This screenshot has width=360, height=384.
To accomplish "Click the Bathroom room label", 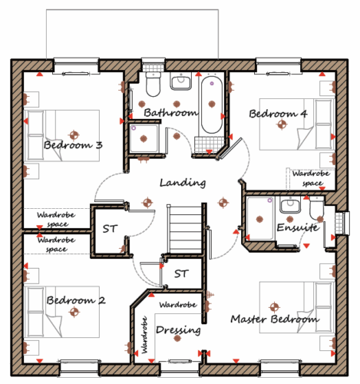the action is pyautogui.click(x=171, y=112).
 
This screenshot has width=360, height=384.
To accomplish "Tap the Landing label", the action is pyautogui.click(x=183, y=183).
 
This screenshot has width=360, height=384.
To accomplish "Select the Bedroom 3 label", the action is pyautogui.click(x=73, y=145).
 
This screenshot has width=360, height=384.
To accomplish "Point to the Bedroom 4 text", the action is pyautogui.click(x=278, y=114).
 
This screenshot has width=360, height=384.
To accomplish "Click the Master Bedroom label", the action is pyautogui.click(x=275, y=319).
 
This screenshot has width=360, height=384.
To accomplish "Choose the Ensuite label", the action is pyautogui.click(x=298, y=227).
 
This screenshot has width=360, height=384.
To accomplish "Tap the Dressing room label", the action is pyautogui.click(x=178, y=330).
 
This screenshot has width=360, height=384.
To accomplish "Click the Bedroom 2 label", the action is pyautogui.click(x=76, y=300).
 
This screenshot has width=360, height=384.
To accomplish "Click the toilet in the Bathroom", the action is pyautogui.click(x=153, y=84).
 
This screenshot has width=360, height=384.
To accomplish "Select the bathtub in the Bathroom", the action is pyautogui.click(x=211, y=104).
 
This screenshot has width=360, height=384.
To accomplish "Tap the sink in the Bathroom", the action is pyautogui.click(x=181, y=81).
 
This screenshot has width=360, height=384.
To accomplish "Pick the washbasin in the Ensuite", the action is pyautogui.click(x=290, y=204).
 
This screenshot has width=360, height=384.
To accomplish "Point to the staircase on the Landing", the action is pyautogui.click(x=185, y=229).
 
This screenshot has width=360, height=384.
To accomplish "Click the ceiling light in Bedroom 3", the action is pyautogui.click(x=74, y=134).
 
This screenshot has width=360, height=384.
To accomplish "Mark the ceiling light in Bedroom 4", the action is pyautogui.click(x=282, y=124).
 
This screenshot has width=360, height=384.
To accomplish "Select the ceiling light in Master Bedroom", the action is pyautogui.click(x=274, y=306).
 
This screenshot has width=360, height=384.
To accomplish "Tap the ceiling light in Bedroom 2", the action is pyautogui.click(x=74, y=312).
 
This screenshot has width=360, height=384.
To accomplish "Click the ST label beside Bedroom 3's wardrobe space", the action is pyautogui.click(x=110, y=229).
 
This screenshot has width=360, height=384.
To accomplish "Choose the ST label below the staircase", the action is pyautogui.click(x=181, y=273).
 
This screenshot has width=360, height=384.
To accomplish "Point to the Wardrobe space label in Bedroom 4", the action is pyautogui.click(x=311, y=178).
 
